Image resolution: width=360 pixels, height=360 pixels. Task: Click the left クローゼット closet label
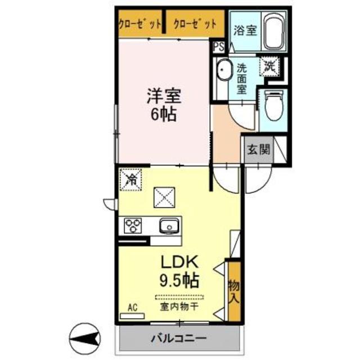click(x=140, y=24)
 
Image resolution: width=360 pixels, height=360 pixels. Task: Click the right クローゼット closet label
click(x=195, y=24)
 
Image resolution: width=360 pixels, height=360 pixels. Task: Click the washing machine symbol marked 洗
click(x=269, y=66)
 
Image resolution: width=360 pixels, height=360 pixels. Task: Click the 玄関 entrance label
click(x=258, y=150)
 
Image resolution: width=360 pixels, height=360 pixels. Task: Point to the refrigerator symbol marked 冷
click(x=130, y=180)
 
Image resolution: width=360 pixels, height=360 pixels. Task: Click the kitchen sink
click(x=169, y=226)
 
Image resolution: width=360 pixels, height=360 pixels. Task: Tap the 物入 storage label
click(x=233, y=291)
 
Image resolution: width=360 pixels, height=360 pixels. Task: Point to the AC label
click(x=133, y=307)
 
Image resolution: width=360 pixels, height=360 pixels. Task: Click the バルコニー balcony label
click(x=179, y=339)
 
